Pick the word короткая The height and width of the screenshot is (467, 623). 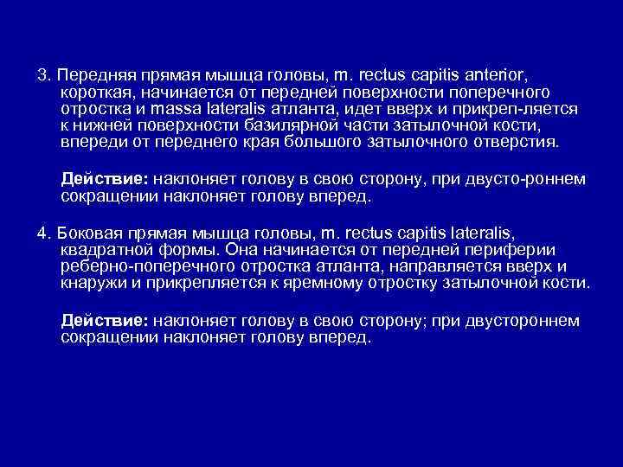(96, 93)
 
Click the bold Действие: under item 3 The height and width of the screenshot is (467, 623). (106, 179)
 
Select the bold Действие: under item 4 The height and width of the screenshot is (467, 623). (106, 321)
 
